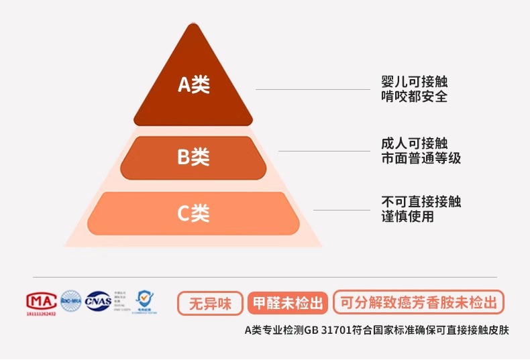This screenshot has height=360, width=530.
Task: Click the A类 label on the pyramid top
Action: click(193, 84)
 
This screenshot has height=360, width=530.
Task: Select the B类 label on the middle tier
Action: click(193, 157)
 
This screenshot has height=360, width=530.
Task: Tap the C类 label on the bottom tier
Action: click(193, 213)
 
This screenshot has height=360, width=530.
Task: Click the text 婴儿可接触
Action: click(413, 82)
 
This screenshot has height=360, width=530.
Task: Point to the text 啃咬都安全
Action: click(413, 97)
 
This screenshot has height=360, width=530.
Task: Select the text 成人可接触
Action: click(413, 143)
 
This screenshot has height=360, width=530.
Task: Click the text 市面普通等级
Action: click(421, 158)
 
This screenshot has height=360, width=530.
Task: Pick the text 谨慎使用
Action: click(407, 217)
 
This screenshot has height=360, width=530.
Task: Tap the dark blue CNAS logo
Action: click(98, 300)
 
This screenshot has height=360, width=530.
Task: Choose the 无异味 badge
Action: click(210, 303)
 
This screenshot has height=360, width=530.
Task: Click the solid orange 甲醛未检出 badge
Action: click(288, 303)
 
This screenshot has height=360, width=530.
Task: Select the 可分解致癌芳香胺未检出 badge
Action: click(418, 303)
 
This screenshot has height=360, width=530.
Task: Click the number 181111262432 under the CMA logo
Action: click(42, 313)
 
